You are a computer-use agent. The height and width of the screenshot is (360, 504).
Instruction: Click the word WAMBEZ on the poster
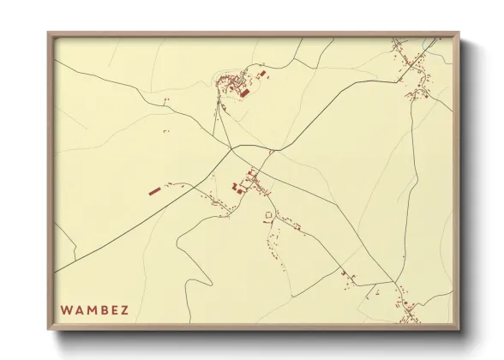(93, 309)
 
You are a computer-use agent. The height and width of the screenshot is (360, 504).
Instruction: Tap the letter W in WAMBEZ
(66, 309)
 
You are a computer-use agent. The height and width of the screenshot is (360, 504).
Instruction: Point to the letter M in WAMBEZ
(89, 309)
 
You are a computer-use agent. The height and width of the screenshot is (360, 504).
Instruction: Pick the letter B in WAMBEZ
(101, 309)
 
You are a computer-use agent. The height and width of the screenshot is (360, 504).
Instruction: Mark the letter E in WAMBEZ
(112, 309)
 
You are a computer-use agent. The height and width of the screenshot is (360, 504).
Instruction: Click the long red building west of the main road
(154, 191)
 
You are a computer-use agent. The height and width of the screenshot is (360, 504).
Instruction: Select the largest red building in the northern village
(244, 91)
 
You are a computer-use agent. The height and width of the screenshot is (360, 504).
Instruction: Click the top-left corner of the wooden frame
(49, 33)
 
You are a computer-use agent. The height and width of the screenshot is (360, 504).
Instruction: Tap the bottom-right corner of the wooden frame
(459, 329)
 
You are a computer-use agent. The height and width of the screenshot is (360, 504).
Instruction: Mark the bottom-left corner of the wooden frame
(49, 329)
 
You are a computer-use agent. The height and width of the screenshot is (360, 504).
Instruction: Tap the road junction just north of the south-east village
(395, 282)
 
